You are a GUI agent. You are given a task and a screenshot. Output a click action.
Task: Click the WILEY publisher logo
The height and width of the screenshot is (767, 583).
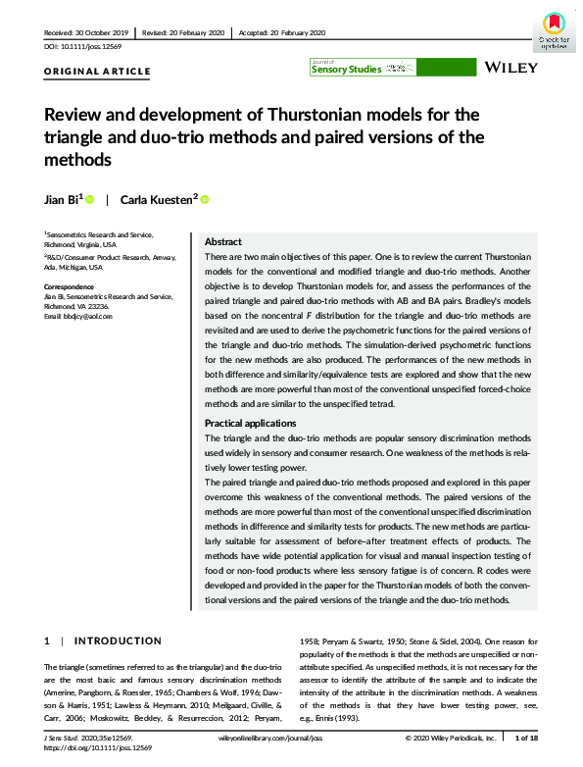tap(510, 69)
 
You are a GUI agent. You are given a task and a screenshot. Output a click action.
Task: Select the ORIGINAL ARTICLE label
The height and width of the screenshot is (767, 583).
tap(98, 72)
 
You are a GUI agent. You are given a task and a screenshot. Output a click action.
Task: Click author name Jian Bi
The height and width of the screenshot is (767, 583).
tap(62, 199)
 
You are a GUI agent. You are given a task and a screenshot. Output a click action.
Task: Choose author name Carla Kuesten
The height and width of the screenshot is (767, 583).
tap(156, 199)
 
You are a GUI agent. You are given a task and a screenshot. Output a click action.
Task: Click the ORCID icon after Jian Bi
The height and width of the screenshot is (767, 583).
tap(89, 200)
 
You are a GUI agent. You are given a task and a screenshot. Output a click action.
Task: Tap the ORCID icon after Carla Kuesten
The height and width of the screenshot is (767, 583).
tap(205, 200)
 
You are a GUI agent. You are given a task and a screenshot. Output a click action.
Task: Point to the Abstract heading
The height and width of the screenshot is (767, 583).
tap(222, 242)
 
